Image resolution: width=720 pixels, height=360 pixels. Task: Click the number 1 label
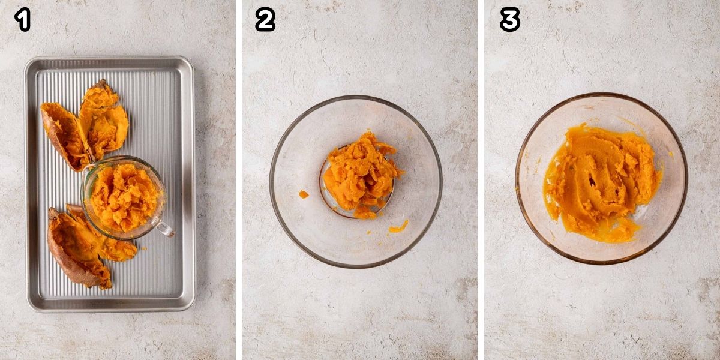[x=23, y=20]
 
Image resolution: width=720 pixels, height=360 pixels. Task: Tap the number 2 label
[x=265, y=20]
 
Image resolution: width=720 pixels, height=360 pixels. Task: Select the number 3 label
[x=509, y=20]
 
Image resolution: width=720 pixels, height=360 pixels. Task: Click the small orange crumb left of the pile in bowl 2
[x=304, y=194]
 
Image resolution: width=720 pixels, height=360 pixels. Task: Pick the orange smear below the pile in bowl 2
[x=398, y=227]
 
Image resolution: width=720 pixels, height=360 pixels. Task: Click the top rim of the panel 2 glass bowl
[x=355, y=97]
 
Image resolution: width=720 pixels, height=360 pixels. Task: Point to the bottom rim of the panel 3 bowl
[x=600, y=263]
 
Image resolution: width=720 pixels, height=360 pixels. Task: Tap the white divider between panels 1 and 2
[x=239, y=180]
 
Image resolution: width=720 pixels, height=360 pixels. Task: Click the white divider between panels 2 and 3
[x=481, y=180]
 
